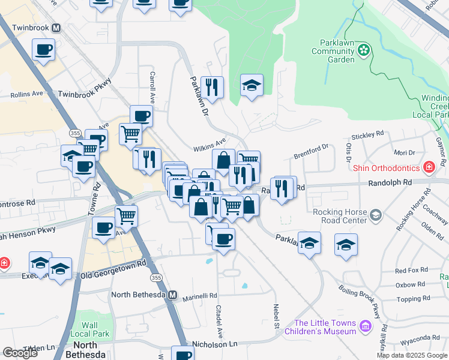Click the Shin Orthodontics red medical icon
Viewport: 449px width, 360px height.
[429, 166]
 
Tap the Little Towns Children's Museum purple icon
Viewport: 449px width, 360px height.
[366, 328]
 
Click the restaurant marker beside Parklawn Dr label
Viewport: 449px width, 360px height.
[212, 88]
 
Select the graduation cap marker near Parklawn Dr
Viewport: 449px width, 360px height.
[252, 86]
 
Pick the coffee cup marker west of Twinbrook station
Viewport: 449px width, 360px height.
[44, 50]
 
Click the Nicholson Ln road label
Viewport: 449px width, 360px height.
[214, 344]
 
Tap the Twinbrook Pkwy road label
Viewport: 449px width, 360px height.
[85, 94]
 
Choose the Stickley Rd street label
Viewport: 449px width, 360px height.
[367, 136]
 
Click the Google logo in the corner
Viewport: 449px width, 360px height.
[20, 353]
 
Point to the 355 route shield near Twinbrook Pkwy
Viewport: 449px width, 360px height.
[75, 133]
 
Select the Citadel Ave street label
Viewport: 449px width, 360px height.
[218, 320]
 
